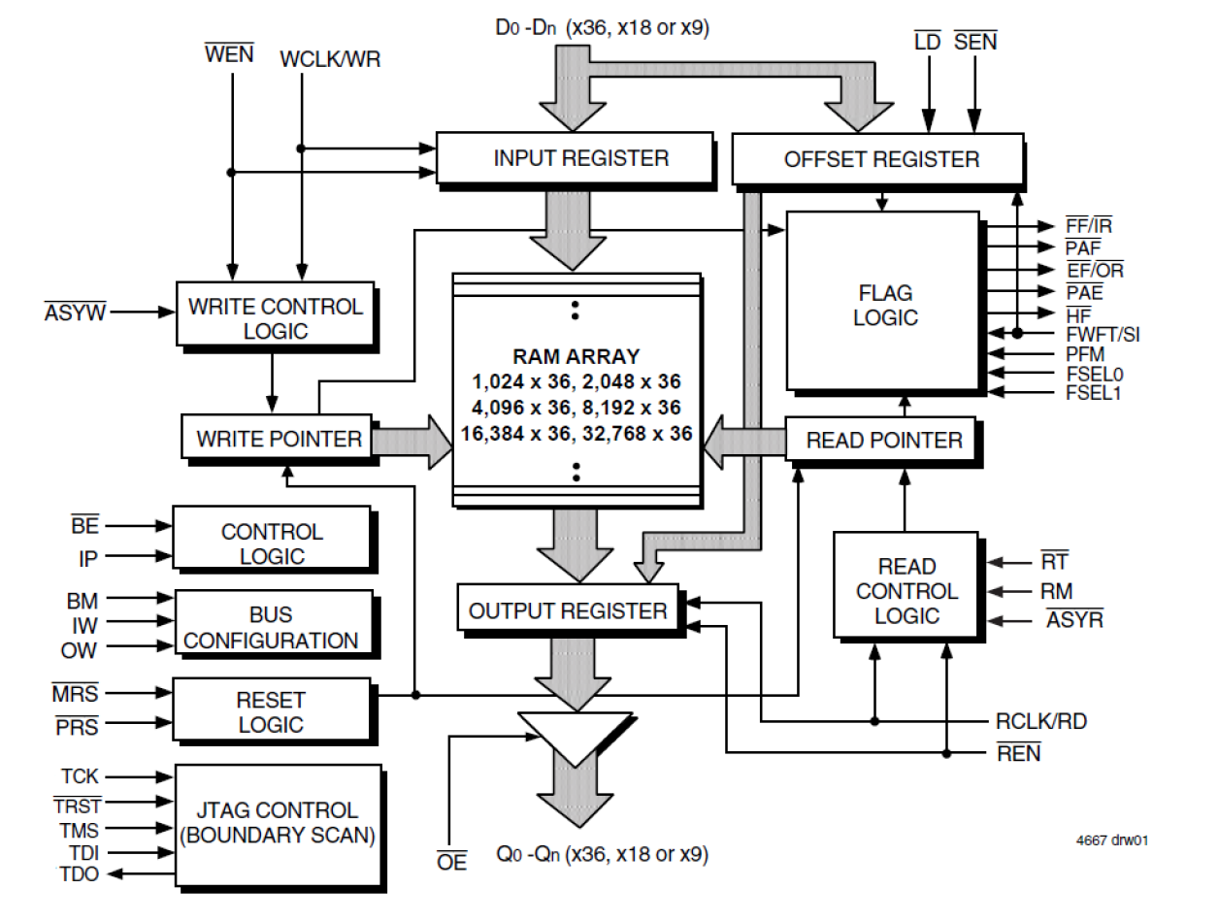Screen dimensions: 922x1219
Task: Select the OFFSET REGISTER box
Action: pyautogui.click(x=878, y=159)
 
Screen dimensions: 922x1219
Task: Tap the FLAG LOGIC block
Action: pyautogui.click(x=884, y=305)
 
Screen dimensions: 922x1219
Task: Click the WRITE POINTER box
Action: pyautogui.click(x=278, y=439)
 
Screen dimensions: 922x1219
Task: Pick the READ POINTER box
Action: pyautogui.click(x=883, y=440)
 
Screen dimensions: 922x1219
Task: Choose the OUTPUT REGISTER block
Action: pyautogui.click(x=568, y=610)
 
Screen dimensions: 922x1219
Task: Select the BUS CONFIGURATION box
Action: pyautogui.click(x=272, y=628)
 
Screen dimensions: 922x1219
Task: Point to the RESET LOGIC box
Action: pyautogui.click(x=271, y=711)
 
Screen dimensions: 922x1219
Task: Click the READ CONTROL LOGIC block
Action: pyautogui.click(x=906, y=590)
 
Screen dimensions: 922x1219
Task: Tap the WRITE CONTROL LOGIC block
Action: pyautogui.click(x=275, y=317)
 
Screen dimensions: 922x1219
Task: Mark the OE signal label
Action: pyautogui.click(x=452, y=861)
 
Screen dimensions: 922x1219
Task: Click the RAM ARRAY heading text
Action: pyautogui.click(x=575, y=356)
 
